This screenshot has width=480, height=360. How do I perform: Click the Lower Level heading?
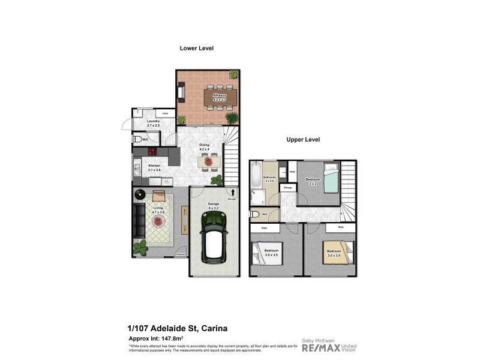197,48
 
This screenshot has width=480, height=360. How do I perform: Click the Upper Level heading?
302,140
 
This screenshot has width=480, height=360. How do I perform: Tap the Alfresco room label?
219,96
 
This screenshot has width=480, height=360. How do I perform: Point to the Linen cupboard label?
165,113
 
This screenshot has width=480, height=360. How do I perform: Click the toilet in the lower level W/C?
139,139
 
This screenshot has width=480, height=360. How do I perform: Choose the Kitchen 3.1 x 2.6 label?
154,167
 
